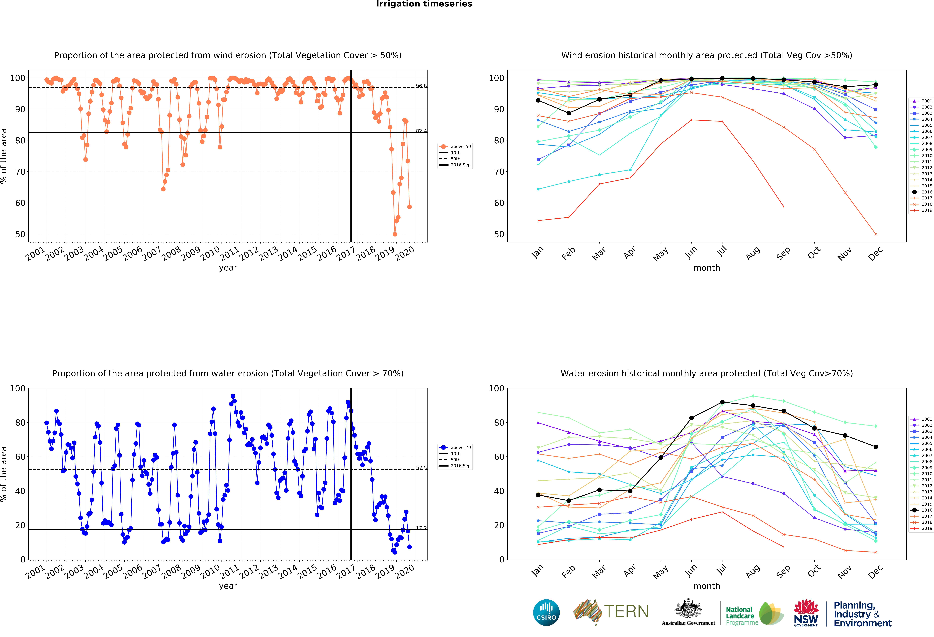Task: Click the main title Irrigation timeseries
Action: [x=424, y=4]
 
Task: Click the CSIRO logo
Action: [x=546, y=612]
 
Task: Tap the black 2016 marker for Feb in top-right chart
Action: [x=569, y=113]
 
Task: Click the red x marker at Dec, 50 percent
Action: [x=876, y=234]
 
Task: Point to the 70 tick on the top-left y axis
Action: [x=20, y=172]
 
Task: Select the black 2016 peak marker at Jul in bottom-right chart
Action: [x=722, y=402]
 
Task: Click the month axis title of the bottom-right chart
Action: [x=707, y=586]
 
